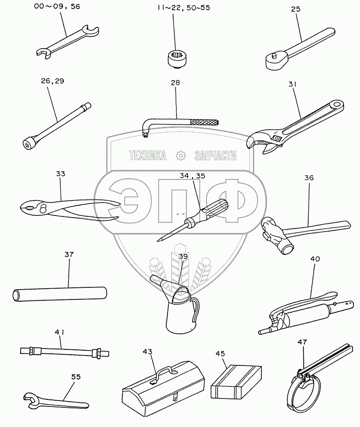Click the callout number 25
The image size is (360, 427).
(x=295, y=9)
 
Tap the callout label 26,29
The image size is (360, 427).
(x=53, y=81)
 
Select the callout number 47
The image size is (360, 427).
(x=302, y=342)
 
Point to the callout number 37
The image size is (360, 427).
(x=69, y=254)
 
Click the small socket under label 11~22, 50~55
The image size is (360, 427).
(x=178, y=58)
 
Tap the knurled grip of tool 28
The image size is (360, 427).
(x=205, y=122)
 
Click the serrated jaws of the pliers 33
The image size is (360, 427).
(x=29, y=208)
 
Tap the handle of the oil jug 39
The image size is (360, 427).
(x=195, y=311)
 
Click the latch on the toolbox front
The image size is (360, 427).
(x=175, y=398)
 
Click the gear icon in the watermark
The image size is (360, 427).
(x=180, y=156)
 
